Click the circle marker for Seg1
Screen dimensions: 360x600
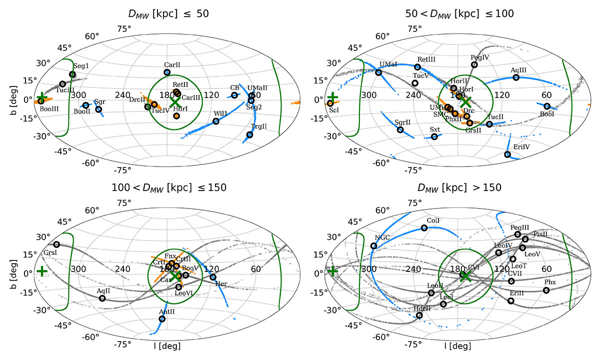pos(72,74)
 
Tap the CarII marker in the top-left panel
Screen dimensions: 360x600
pos(167,72)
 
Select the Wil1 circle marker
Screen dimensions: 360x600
pos(216,121)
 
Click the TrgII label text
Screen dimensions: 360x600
pos(258,127)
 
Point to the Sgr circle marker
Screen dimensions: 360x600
pos(98,109)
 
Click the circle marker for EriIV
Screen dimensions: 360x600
pos(507,154)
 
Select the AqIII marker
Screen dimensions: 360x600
pos(516,77)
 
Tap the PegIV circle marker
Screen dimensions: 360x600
pos(474,65)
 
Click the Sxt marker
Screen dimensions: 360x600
pos(434,136)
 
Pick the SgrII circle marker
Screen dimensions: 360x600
pos(400,130)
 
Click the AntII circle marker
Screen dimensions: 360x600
pos(162,319)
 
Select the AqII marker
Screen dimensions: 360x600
pos(102,298)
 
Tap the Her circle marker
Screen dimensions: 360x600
pos(213,277)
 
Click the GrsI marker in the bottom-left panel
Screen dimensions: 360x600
pos(56,244)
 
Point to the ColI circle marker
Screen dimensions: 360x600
pos(424,228)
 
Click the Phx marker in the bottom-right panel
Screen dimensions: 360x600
pos(546,290)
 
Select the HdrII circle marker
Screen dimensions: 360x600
pos(419,315)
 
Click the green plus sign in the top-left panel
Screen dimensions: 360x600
pos(42,97)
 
